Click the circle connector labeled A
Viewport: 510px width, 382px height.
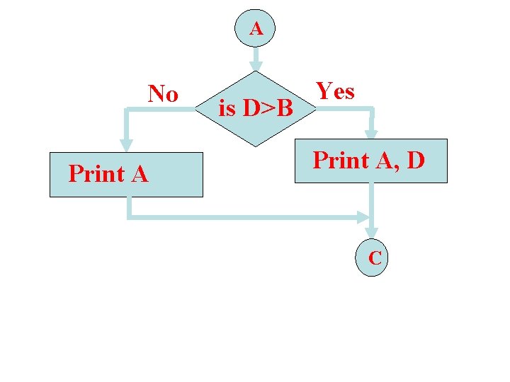tap(256, 29)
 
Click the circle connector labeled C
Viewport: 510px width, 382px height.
tap(375, 258)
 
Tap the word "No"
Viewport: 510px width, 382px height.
tap(163, 93)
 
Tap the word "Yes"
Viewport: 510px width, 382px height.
tap(335, 91)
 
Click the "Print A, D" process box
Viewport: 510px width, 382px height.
tap(370, 161)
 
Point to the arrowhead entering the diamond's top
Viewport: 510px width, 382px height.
tap(256, 65)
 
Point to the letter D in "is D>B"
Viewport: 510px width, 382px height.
tap(251, 109)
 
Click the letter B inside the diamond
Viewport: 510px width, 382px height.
tap(285, 109)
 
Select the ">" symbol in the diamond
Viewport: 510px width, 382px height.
tap(268, 109)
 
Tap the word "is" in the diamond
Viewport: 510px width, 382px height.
tap(227, 109)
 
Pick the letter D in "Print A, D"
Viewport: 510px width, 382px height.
tap(416, 160)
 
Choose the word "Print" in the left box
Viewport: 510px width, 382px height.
tap(96, 173)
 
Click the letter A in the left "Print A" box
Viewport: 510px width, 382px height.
tap(140, 173)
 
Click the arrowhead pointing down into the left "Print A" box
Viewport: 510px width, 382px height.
tap(126, 145)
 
